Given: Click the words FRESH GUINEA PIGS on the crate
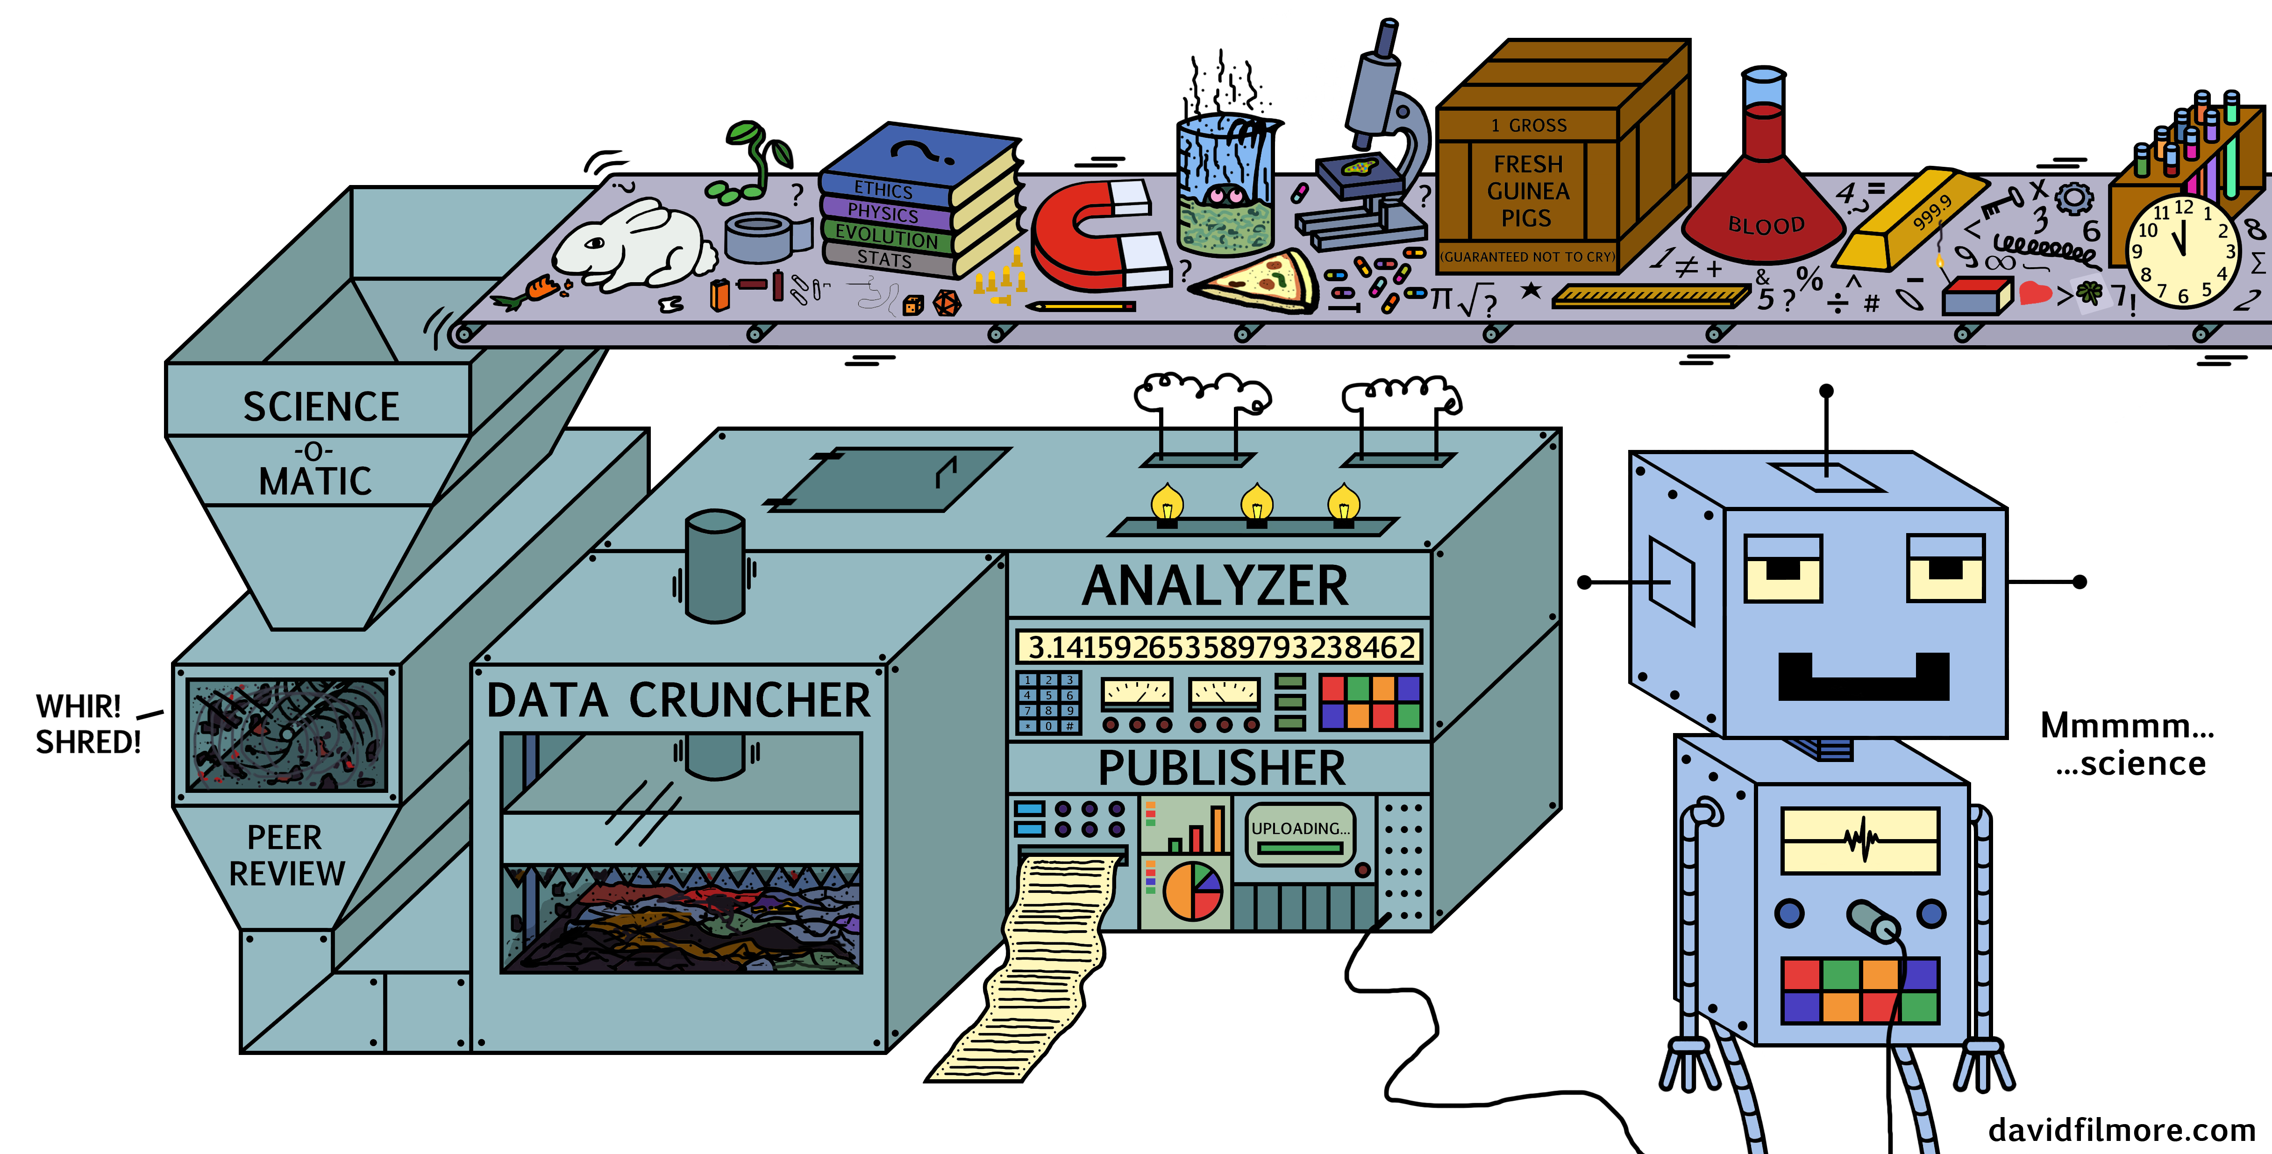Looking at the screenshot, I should coord(1528,191).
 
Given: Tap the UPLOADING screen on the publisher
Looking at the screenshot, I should coord(1299,834).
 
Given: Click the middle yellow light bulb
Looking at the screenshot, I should coord(1257,505).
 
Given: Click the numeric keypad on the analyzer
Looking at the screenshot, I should coord(1048,703).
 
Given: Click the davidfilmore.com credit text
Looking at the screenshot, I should coord(2121,1129).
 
